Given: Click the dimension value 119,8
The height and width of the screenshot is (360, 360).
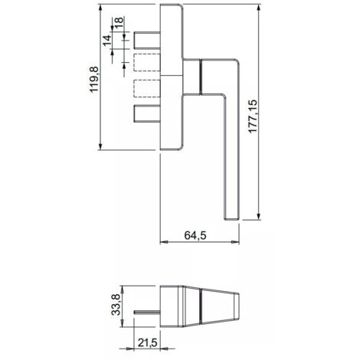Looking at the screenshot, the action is click(93, 79).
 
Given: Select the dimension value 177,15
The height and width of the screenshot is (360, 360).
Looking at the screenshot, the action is click(253, 116).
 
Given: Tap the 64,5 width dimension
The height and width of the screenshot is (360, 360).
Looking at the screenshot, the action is click(195, 235).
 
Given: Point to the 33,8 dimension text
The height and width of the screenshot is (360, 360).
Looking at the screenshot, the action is click(116, 305).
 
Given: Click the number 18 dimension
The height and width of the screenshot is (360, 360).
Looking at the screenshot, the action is click(119, 24).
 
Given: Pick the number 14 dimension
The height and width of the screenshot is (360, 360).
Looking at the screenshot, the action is click(107, 41).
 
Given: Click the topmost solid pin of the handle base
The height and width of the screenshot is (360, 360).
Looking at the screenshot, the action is click(147, 41).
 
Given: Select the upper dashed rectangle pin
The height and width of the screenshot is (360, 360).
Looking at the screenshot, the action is click(147, 62).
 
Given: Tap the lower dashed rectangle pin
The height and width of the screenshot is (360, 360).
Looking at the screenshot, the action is click(147, 88).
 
